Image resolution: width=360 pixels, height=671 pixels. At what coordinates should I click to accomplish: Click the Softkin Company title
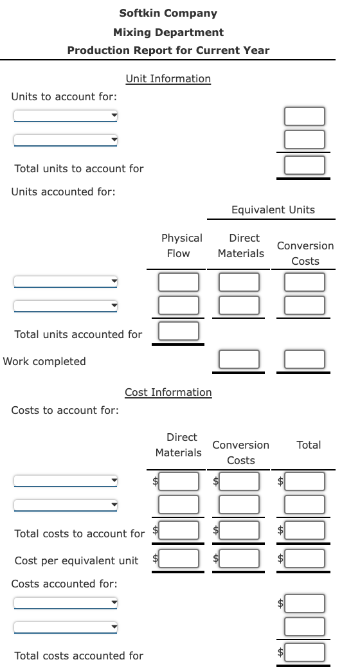pos(168,13)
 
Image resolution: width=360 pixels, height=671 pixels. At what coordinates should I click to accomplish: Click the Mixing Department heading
pos(168,32)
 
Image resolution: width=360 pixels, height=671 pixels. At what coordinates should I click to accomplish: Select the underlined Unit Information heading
pos(168,78)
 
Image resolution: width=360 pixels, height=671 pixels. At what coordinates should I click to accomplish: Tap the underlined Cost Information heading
pos(168,392)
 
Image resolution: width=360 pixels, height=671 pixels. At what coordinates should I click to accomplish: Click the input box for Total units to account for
pos(305,166)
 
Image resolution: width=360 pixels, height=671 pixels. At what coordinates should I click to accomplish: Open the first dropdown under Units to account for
pos(66,116)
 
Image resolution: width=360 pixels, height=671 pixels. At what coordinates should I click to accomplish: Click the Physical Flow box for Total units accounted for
pos(178,331)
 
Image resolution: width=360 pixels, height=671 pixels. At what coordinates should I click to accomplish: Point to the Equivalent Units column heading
pos(273,210)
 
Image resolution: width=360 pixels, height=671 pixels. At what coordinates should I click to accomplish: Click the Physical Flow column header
pos(181,246)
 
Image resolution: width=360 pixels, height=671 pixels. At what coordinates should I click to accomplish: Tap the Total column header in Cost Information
pos(309,445)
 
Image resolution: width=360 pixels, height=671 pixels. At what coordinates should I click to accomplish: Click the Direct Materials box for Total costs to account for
pos(178,531)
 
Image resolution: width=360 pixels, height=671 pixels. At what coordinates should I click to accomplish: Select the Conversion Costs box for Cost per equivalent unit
pos(239,558)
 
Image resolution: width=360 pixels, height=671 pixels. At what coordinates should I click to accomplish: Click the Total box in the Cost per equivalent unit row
pos(305,558)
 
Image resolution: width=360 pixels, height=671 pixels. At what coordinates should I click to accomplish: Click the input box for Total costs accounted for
pos(305,652)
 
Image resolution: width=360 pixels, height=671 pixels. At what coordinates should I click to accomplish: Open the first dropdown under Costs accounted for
pos(66,604)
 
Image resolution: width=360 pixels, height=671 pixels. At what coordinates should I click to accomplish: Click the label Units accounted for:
pos(64,192)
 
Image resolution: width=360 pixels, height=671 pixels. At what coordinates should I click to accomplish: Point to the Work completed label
pos(44,361)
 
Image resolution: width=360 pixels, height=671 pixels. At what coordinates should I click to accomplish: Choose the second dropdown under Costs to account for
pos(66,505)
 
